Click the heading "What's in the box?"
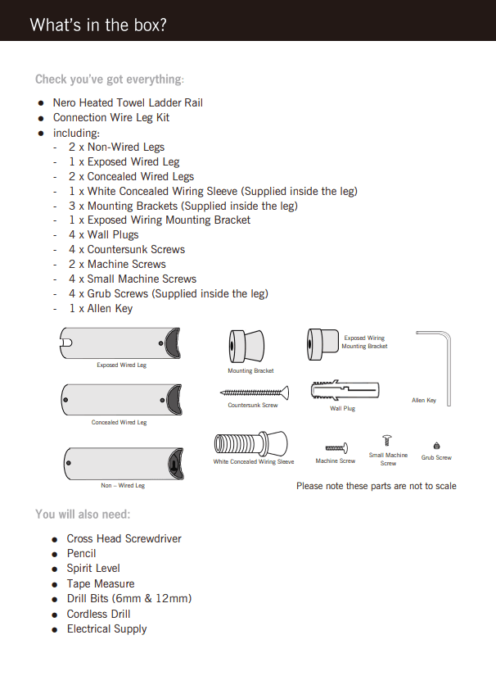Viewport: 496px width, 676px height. [98, 25]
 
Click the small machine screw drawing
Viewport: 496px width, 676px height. [389, 441]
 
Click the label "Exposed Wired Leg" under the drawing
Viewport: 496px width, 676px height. [122, 365]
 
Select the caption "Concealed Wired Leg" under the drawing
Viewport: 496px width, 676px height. [119, 423]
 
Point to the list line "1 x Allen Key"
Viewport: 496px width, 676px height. [101, 308]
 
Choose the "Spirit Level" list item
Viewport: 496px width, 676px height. [93, 568]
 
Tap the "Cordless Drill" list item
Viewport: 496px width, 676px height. [98, 614]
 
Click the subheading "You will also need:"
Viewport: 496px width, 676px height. [83, 515]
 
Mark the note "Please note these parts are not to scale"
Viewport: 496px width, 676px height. [377, 486]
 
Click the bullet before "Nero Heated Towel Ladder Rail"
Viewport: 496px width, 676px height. [41, 103]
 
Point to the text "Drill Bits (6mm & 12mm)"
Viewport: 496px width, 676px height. [129, 599]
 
